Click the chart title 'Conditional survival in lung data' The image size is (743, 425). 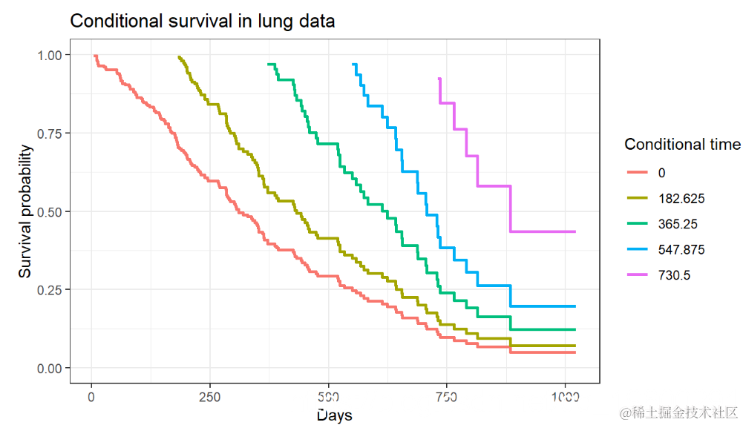click(202, 22)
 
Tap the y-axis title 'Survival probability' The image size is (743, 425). click(26, 211)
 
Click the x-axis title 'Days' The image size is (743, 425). click(334, 415)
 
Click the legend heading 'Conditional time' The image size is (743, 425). click(682, 144)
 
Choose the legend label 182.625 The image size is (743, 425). click(681, 198)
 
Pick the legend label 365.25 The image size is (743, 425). click(677, 224)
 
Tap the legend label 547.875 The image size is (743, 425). click(681, 250)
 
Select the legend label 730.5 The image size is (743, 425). click(674, 275)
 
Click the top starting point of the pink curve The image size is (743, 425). click(439, 78)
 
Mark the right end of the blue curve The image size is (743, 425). click(575, 306)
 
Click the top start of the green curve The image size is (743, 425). click(268, 65)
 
